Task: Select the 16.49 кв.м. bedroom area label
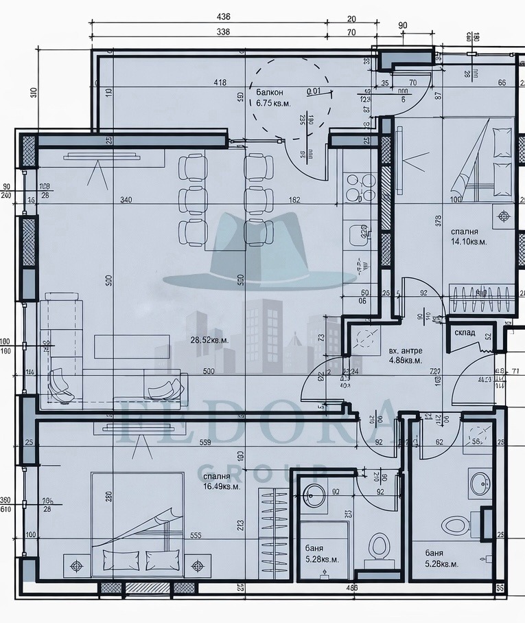(x=222, y=481)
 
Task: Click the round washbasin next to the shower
(x=316, y=494)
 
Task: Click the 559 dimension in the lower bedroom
(x=204, y=443)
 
